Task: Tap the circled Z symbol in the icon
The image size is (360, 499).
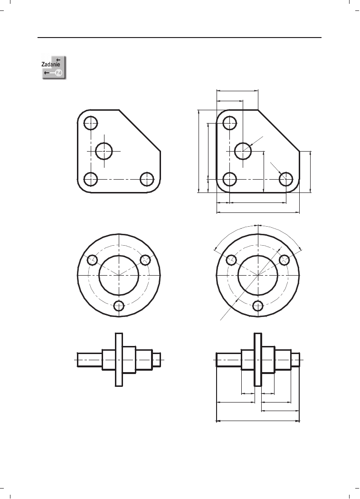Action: pyautogui.click(x=58, y=73)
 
